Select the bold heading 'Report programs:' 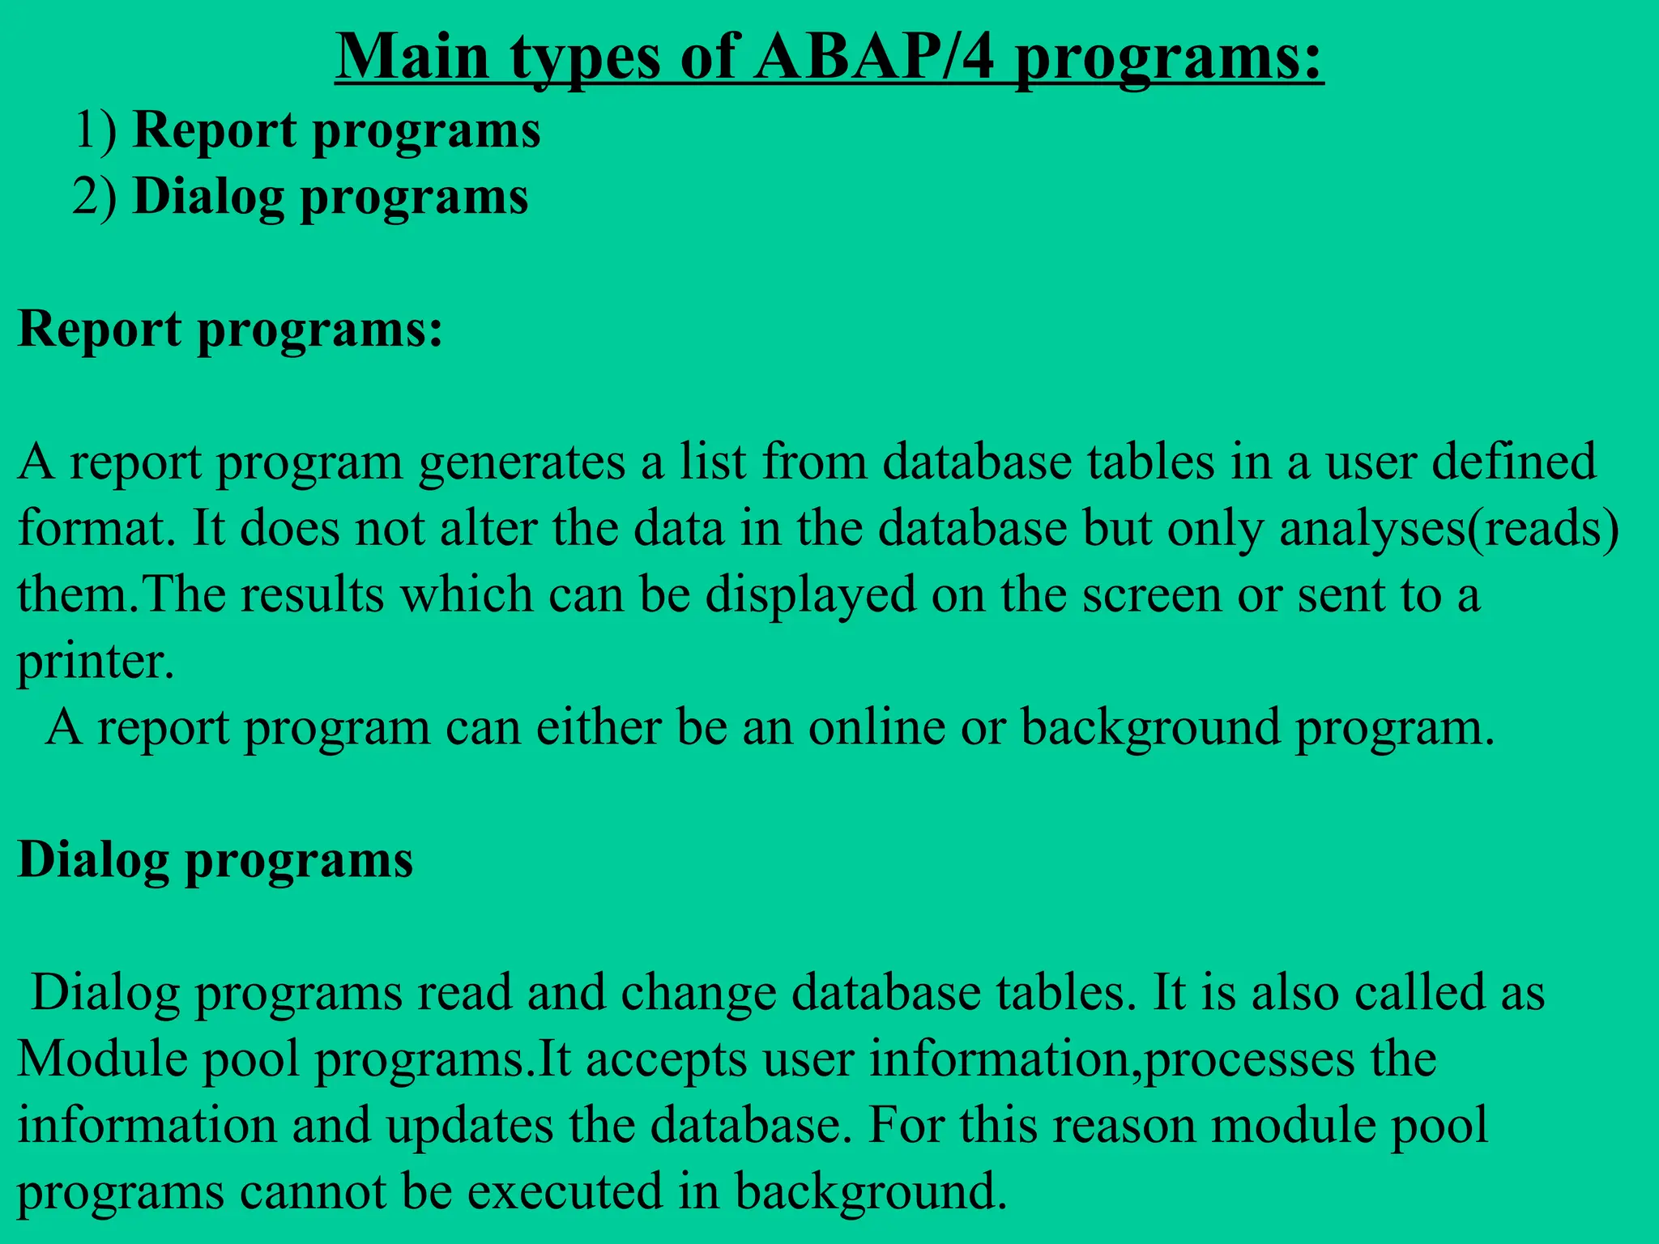pos(230,330)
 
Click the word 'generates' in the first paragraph pos(522,462)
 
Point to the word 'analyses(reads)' pos(1449,529)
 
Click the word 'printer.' pos(96,662)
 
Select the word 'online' pos(876,726)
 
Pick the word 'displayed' pos(810,594)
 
